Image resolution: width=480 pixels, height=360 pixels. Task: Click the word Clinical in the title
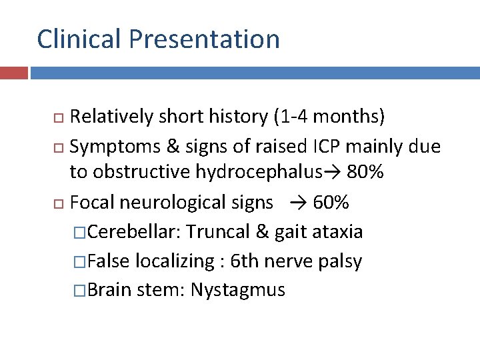(79, 39)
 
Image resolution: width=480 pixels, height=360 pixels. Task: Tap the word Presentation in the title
(205, 39)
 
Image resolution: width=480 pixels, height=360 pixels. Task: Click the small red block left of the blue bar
(14, 72)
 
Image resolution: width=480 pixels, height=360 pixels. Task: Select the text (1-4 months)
(329, 117)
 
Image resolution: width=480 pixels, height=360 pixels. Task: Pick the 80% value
(365, 173)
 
